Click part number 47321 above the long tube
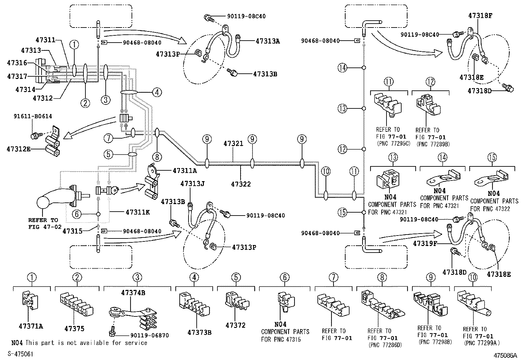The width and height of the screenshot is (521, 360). tap(233, 143)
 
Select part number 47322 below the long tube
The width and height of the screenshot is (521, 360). tap(241, 184)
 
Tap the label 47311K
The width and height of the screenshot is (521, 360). tap(137, 212)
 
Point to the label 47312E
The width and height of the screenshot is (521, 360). tap(18, 149)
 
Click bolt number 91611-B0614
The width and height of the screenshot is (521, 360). tap(33, 116)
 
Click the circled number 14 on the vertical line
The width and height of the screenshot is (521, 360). tap(342, 68)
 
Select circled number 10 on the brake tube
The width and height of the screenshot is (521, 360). tap(326, 171)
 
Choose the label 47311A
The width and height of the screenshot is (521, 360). tap(185, 170)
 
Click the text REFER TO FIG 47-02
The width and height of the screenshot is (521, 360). tap(43, 223)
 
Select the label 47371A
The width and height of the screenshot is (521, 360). tap(31, 326)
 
